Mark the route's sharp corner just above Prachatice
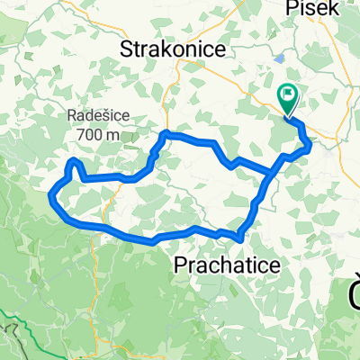click(240, 238)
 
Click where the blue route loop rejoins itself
click(273, 172)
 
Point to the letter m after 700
click(114, 134)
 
